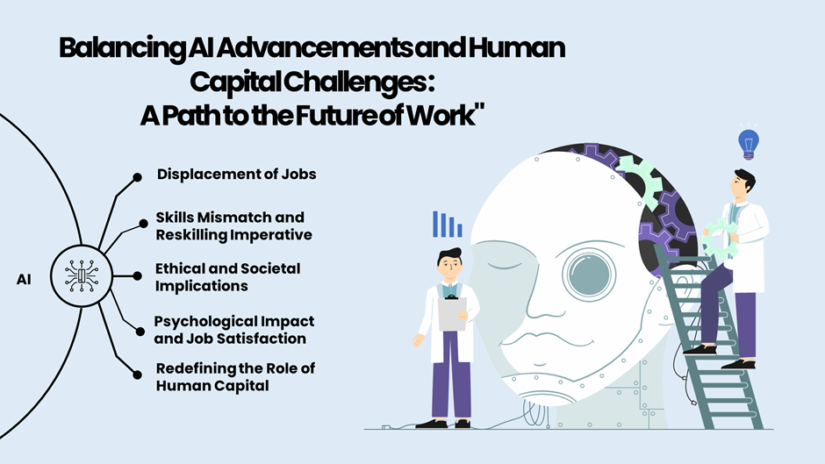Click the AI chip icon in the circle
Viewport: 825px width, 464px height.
click(x=82, y=275)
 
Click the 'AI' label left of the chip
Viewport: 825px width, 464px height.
click(x=25, y=280)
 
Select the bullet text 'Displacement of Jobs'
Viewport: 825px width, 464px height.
click(x=236, y=174)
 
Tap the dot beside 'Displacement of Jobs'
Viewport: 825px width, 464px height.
click(x=137, y=176)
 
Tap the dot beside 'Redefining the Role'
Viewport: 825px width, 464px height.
click(x=137, y=374)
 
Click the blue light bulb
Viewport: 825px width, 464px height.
click(x=748, y=142)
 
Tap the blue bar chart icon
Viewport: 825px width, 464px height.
click(x=447, y=225)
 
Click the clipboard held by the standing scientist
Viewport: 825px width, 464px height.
click(x=451, y=313)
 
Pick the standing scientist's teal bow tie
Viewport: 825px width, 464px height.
click(x=452, y=288)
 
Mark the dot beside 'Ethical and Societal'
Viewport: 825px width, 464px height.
click(x=137, y=275)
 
